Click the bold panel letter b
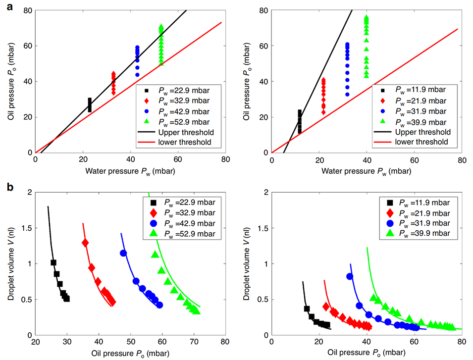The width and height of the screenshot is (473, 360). coord(7,189)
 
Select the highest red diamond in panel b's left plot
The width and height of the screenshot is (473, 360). coord(85,243)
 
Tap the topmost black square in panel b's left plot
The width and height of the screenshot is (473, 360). coord(53,262)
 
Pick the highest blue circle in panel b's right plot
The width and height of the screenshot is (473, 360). coord(350,276)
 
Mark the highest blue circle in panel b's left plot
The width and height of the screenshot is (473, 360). coord(123,253)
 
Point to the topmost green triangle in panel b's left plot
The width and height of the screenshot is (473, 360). coord(155,255)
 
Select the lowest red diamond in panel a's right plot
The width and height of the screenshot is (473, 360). coord(323,112)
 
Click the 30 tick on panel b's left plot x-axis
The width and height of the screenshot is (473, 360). coord(67,342)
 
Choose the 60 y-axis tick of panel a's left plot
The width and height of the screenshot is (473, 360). coord(25,46)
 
